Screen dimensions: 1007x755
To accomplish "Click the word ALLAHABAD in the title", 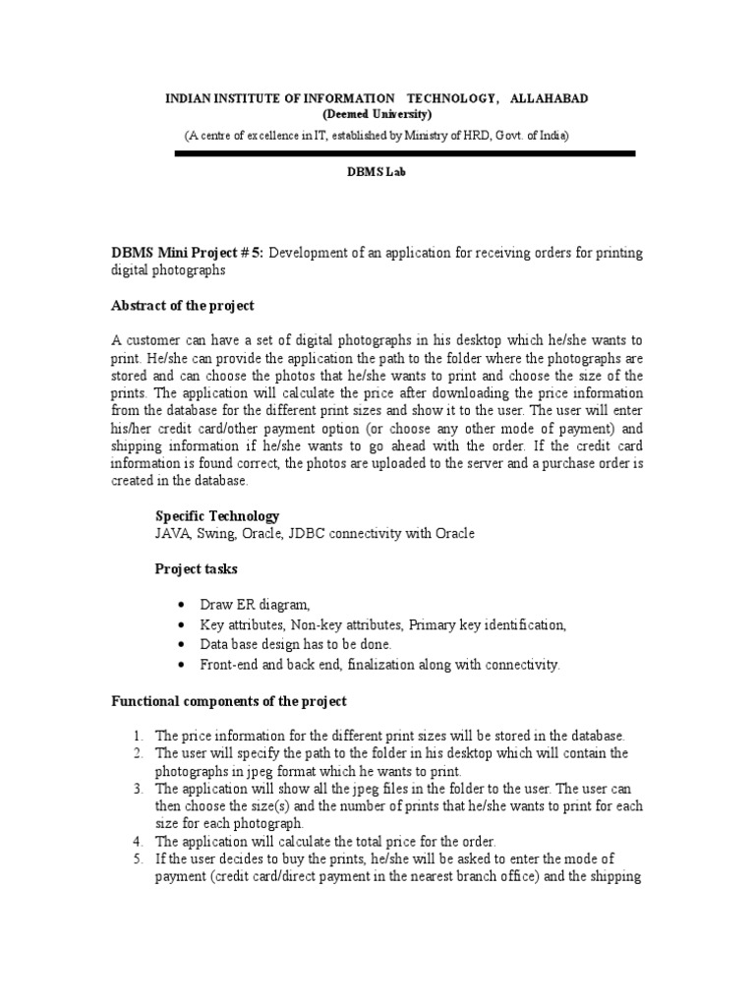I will pos(550,100).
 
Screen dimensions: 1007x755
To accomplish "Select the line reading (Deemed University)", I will pos(377,115).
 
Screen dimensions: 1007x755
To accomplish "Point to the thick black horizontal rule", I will pos(405,153).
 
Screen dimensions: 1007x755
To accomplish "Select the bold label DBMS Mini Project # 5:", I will pos(187,253).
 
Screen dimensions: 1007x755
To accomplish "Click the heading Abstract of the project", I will pos(183,306).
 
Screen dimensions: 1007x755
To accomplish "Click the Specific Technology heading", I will pos(217,516).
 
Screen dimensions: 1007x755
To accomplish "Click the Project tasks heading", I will pos(196,569).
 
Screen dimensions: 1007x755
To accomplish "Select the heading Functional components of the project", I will pos(228,702).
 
